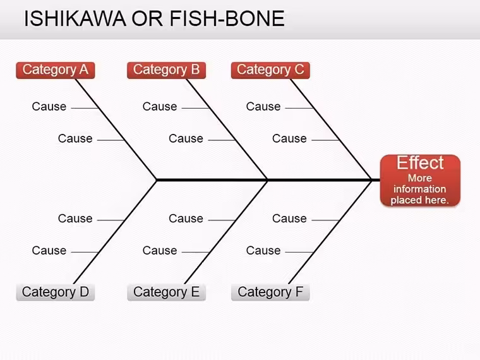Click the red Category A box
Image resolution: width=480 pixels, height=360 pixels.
56,70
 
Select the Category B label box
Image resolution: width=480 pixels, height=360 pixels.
166,70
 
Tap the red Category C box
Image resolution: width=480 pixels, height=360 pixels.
270,70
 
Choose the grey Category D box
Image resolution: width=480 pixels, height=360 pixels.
56,292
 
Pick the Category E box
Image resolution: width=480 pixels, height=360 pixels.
166,292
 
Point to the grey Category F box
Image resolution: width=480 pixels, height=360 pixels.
270,292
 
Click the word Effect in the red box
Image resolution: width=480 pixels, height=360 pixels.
420,162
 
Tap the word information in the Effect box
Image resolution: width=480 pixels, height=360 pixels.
420,189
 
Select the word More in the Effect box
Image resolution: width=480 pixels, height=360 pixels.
420,178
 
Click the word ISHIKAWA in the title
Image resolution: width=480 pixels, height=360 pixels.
75,18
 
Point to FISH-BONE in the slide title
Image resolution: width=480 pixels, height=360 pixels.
227,18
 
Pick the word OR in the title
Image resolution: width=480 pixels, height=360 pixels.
147,18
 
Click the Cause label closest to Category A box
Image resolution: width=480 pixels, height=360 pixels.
49,107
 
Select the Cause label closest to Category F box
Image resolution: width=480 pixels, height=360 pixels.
263,250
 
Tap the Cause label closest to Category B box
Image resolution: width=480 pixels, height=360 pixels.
160,107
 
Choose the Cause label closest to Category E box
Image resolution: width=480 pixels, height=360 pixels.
160,250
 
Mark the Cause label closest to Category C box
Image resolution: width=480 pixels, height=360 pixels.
263,107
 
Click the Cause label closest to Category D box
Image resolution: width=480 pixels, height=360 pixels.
49,250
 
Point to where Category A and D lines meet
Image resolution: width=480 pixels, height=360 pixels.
157,180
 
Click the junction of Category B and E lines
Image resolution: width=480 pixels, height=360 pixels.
267,180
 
